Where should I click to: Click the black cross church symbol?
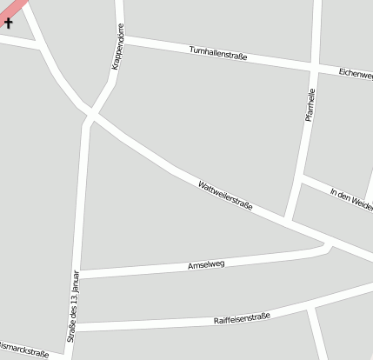[x=9, y=23]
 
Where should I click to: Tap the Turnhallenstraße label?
[x=218, y=54]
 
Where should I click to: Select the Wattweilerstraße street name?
[x=224, y=196]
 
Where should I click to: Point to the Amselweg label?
[x=206, y=264]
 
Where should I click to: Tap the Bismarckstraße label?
[x=23, y=350]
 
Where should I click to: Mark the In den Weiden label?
[x=351, y=199]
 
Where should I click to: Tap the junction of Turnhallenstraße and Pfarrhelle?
[x=314, y=66]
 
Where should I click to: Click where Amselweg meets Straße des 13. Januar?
[x=80, y=274]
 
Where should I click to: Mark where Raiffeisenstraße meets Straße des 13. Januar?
[x=77, y=327]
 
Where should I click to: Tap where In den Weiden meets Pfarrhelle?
[x=301, y=179]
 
